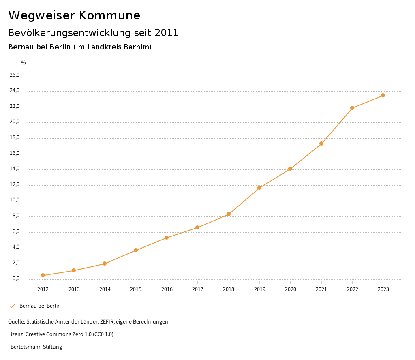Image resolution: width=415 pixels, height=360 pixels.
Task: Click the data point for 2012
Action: coord(43,275)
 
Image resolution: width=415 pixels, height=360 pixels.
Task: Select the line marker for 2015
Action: coord(136,250)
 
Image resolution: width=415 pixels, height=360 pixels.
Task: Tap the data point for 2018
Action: coord(229,214)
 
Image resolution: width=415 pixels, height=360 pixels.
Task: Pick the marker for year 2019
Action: coord(259,188)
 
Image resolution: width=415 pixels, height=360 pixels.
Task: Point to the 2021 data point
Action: coord(321,144)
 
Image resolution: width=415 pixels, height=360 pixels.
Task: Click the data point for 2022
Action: coord(352,108)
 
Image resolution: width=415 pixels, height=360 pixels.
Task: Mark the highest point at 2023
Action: coord(383,95)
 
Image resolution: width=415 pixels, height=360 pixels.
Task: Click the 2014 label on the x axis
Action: coord(105,289)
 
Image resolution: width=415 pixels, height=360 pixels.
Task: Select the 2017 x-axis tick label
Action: coord(197,289)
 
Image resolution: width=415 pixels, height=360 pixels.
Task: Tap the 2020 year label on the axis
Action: coord(290,289)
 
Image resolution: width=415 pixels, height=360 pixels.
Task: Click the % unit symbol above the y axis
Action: coord(24,63)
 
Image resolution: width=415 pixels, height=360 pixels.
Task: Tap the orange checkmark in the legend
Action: coord(12,306)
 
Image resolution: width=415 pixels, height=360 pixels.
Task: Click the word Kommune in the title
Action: coord(109,15)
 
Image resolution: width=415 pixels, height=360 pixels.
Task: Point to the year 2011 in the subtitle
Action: coord(167,33)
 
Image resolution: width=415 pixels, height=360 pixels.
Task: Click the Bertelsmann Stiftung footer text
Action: coord(36,347)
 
